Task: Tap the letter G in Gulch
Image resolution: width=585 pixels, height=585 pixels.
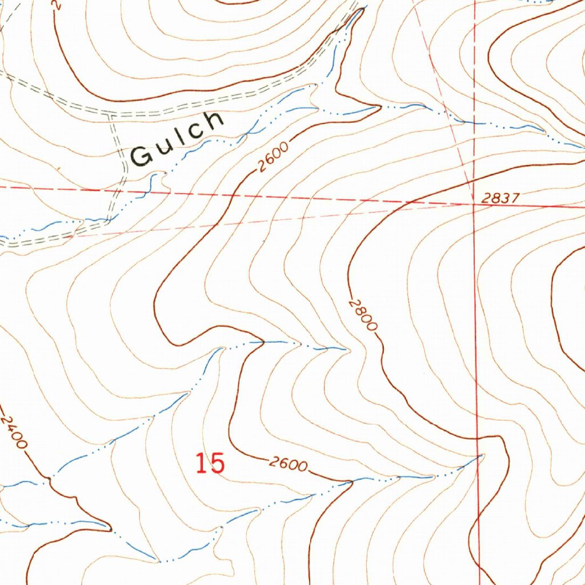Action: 140,155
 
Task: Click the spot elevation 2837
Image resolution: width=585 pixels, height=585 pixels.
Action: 500,198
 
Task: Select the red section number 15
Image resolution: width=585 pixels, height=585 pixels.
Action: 210,463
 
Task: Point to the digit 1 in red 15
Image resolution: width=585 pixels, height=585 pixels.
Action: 201,463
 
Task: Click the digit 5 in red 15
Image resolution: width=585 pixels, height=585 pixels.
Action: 217,463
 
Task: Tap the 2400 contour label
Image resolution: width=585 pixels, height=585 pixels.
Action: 14,432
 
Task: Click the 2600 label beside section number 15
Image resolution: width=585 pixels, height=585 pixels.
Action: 288,463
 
